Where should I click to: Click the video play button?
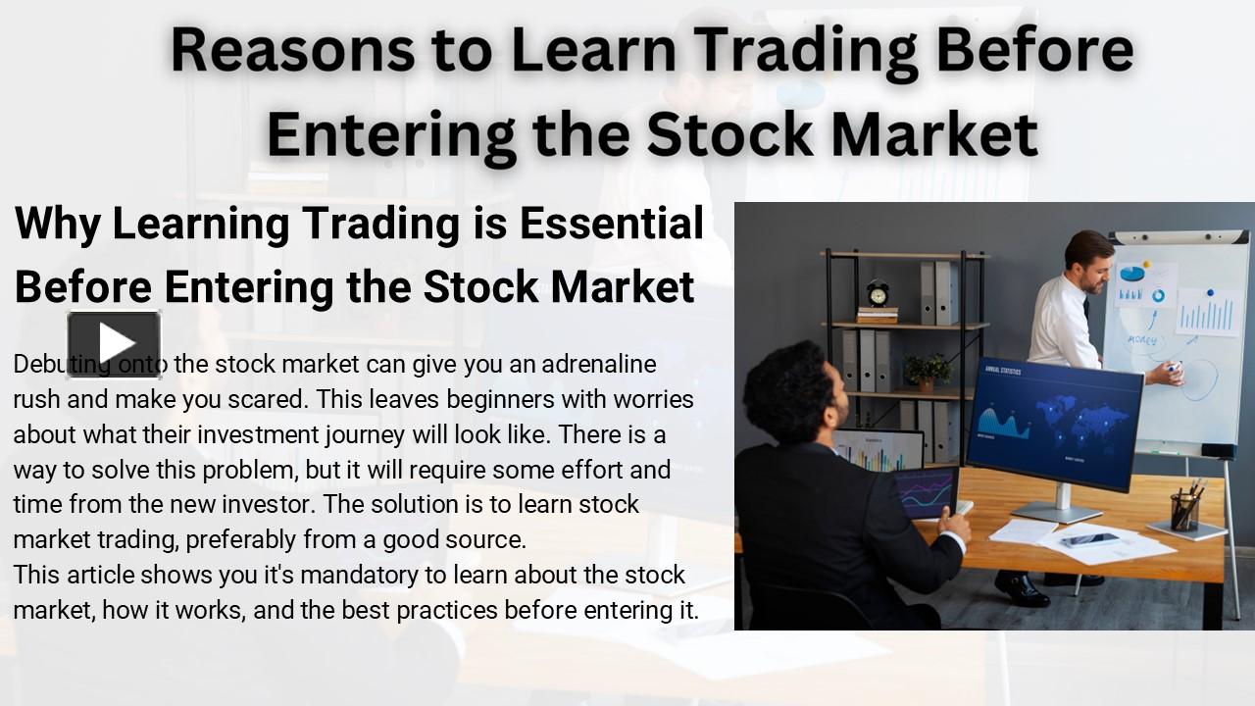(x=114, y=343)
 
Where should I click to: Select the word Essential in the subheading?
(x=612, y=225)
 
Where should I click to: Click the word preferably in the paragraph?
(x=240, y=539)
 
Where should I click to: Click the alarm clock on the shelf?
(x=878, y=293)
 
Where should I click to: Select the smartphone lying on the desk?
(x=1088, y=539)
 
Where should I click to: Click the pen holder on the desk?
(x=1185, y=510)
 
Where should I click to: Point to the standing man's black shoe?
(x=1022, y=588)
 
